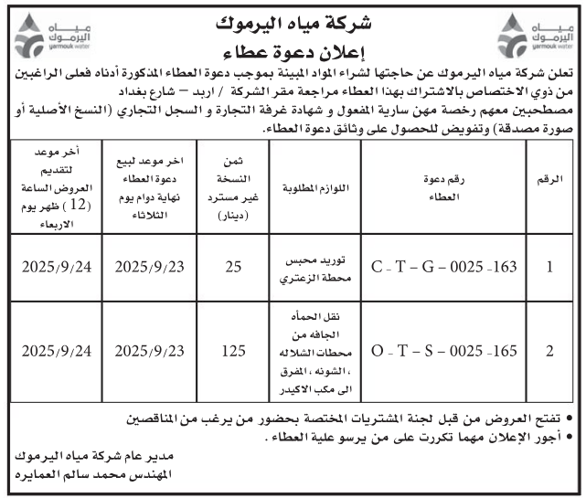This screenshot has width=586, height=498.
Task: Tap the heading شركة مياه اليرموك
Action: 292,19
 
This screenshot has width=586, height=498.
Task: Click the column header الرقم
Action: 549,183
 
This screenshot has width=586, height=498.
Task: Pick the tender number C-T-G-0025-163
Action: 445,268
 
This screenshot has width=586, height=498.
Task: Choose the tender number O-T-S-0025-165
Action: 445,350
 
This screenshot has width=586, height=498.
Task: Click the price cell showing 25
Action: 233,268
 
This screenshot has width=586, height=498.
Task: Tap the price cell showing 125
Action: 233,350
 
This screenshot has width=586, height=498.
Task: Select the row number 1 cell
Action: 549,268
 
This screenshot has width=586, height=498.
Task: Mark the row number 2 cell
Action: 549,350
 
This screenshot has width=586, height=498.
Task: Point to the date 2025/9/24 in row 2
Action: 57,350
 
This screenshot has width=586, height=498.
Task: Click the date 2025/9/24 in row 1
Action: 57,268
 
